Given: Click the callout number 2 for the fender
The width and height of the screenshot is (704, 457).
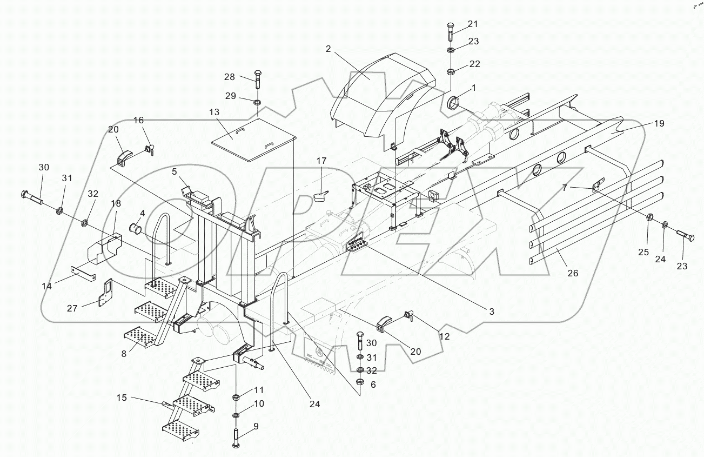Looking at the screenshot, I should (328, 49).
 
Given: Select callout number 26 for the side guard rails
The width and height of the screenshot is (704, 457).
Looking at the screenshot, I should (573, 273).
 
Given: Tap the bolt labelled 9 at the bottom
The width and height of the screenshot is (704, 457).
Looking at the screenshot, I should (237, 435).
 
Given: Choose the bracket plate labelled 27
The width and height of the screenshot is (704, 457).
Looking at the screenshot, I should (104, 292).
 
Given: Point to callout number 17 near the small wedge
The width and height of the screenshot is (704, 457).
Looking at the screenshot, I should (321, 161).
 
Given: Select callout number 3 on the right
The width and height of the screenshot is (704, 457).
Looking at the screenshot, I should (492, 312).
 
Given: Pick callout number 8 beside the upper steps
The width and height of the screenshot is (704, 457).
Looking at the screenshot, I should (124, 354).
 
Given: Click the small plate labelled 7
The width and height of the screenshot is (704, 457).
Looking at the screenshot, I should (596, 186).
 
